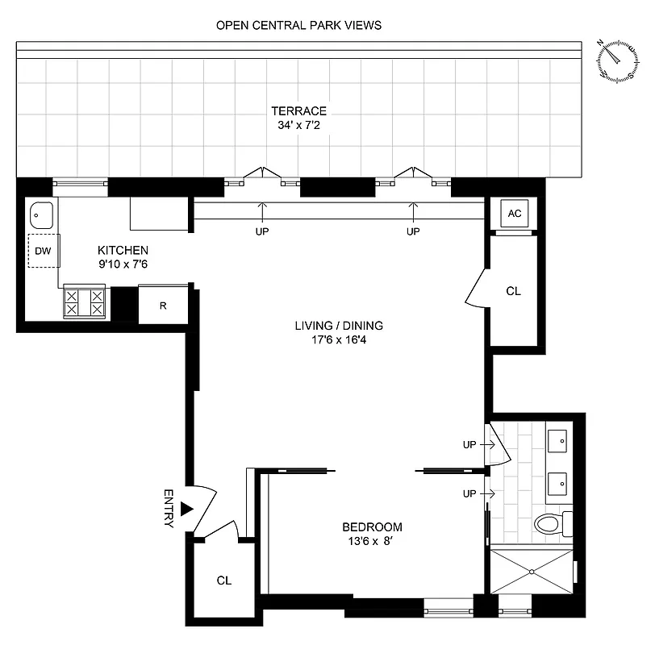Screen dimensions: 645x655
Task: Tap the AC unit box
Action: coord(514,214)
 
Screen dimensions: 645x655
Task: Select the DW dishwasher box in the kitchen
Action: coord(42,252)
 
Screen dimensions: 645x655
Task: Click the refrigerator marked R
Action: coord(163,305)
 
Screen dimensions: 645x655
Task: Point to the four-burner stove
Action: coord(85,302)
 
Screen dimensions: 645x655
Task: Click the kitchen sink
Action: coord(41,215)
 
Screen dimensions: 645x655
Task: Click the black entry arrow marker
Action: coord(186,509)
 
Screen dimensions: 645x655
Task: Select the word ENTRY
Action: coord(169,508)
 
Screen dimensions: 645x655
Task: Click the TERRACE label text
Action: coord(298,110)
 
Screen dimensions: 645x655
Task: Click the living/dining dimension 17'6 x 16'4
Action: coord(338,339)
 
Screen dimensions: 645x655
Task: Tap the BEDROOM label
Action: coord(372,527)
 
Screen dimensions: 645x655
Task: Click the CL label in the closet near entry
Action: coord(224,580)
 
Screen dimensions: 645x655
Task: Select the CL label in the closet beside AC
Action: coord(513,291)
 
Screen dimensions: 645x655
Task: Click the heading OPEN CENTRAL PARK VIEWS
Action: coord(298,25)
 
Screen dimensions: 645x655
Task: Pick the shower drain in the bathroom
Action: coord(532,572)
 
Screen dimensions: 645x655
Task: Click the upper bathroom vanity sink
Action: coord(557,441)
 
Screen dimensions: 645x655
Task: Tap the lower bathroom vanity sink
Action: coord(557,484)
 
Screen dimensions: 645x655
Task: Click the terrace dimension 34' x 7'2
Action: coord(298,125)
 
